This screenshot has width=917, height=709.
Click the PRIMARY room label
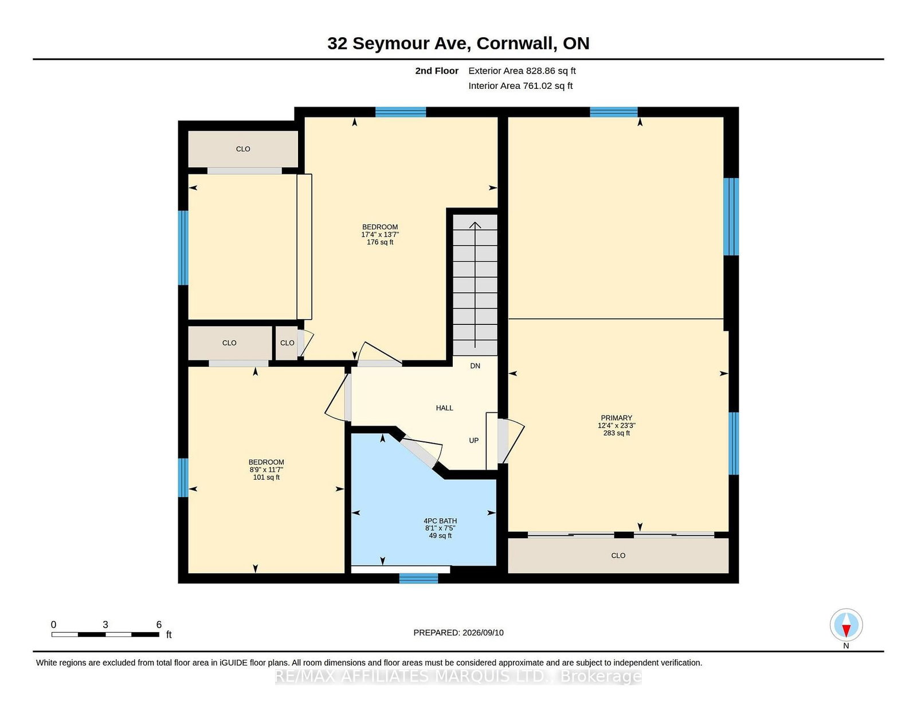616,418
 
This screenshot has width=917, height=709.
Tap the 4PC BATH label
440,521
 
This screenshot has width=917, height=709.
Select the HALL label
444,408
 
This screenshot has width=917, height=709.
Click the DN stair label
475,366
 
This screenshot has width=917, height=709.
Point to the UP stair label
474,440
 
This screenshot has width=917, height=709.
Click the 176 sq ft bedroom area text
380,242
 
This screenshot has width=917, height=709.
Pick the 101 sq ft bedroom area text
267,477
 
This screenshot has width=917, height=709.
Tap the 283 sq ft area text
617,433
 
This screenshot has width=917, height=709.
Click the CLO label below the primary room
618,555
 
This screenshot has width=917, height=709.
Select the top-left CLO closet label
243,149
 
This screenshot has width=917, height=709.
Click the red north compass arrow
846,630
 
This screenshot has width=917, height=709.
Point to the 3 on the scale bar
105,625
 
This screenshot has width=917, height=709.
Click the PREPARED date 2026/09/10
483,633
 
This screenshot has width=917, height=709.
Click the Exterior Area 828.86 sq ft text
522,71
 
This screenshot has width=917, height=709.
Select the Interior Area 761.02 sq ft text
520,86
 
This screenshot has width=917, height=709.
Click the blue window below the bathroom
418,578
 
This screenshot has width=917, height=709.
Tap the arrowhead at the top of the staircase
475,225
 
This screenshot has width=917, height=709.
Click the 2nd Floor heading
437,71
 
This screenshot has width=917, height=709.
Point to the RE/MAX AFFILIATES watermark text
458,676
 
